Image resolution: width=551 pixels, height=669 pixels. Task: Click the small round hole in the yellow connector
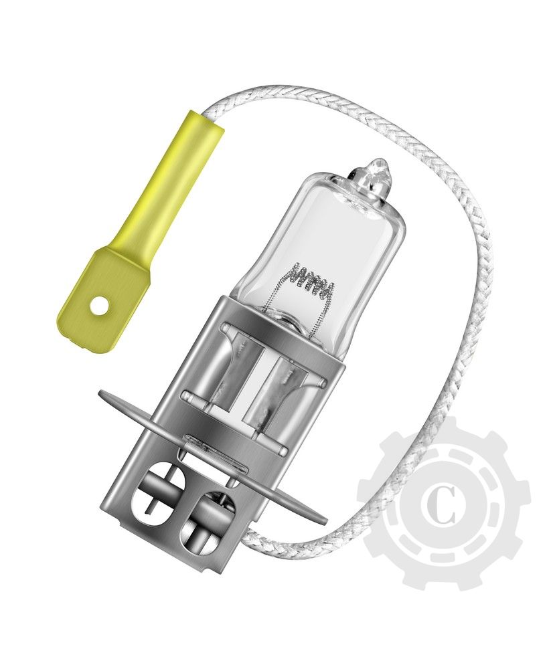(99, 306)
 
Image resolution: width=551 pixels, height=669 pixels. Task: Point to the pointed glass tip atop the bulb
(377, 171)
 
